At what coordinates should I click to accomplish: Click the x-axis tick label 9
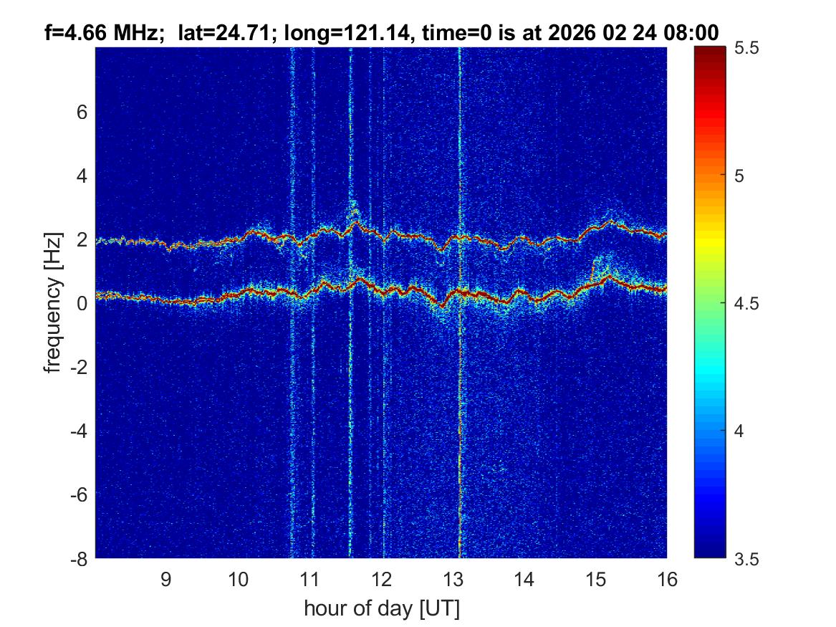pyautogui.click(x=165, y=579)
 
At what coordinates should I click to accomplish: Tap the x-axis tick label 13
pyautogui.click(x=453, y=579)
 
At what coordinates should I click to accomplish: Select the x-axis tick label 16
pyautogui.click(x=667, y=579)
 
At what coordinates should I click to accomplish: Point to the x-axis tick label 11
pyautogui.click(x=309, y=579)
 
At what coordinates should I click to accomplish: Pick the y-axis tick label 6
pyautogui.click(x=82, y=113)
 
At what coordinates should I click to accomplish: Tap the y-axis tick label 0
pyautogui.click(x=82, y=303)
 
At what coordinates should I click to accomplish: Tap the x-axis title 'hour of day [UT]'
pyautogui.click(x=381, y=608)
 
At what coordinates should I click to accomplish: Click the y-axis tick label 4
pyautogui.click(x=82, y=176)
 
